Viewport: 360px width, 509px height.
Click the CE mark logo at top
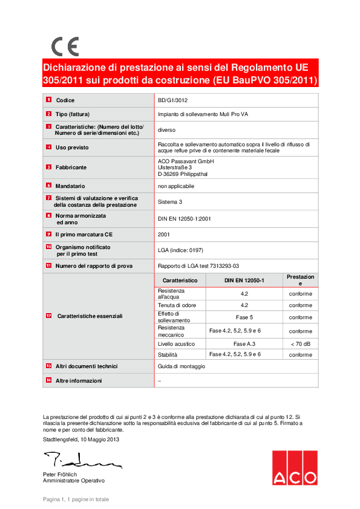[x=65, y=47]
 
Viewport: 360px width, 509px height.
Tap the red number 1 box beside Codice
[x=48, y=100]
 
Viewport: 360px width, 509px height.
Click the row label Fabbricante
[x=71, y=167]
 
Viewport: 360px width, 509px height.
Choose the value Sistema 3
[x=170, y=202]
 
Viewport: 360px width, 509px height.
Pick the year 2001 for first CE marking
[x=164, y=234]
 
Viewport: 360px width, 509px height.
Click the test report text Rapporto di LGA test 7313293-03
[x=198, y=265]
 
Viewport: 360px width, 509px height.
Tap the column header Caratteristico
[x=180, y=280]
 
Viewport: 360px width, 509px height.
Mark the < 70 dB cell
[x=300, y=343]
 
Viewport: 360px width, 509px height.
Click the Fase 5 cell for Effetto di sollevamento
[x=244, y=317]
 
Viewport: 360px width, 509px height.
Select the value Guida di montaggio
[x=182, y=366]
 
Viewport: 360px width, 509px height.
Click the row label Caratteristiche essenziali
[x=90, y=316]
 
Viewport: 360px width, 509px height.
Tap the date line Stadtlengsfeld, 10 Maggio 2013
[x=81, y=439]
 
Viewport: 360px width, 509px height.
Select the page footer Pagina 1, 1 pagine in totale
[x=76, y=499]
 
